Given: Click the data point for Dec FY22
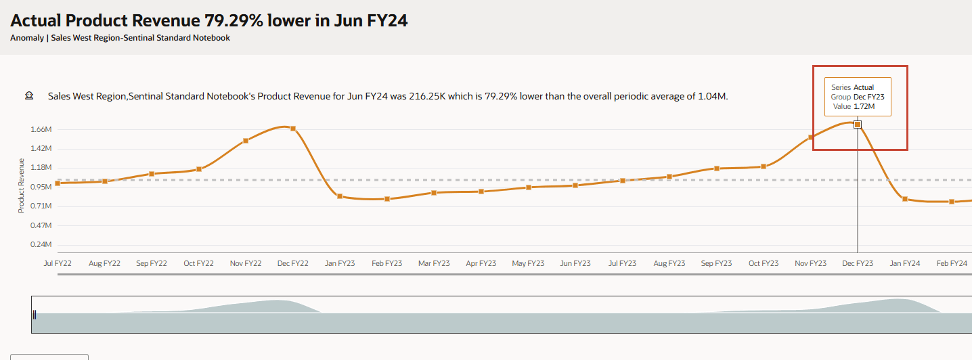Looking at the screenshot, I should (x=293, y=129).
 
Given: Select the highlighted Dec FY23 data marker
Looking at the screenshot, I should (x=858, y=125).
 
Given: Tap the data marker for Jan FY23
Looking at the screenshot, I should (x=340, y=196).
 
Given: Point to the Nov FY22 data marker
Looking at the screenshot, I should (x=246, y=141).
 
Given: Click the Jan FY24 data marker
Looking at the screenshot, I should (x=904, y=199).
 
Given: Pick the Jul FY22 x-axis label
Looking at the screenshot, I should (x=58, y=263).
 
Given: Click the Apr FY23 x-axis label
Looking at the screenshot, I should (x=481, y=263).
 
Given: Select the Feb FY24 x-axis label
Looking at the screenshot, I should (x=951, y=263).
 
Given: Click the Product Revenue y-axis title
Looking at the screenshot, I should (x=22, y=185).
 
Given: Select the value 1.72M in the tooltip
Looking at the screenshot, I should (x=864, y=106).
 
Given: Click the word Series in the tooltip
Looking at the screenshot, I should (x=841, y=87).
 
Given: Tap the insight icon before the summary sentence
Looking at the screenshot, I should (x=29, y=96).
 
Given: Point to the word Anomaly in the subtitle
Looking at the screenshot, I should (x=26, y=38).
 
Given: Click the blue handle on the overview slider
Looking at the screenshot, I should (x=35, y=314).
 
